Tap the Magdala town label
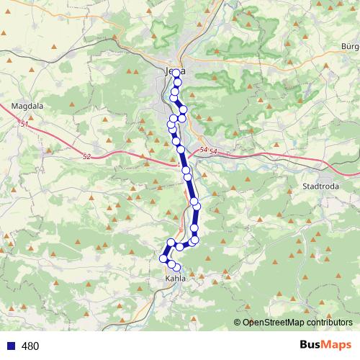coord(27,106)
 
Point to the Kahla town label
coord(174,278)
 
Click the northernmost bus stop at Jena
coord(176,73)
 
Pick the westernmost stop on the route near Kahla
coord(163,258)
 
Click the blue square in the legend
coord(9,346)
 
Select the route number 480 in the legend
coord(30,346)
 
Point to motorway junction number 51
coord(24,125)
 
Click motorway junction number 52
coord(87,156)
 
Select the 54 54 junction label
coord(208,150)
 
